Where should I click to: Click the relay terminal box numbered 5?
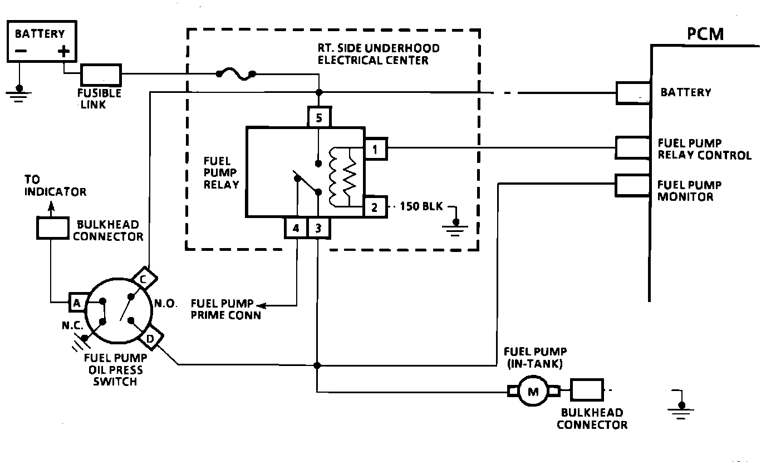tap(319, 117)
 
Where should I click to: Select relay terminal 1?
tap(375, 149)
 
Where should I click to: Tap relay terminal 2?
tap(375, 206)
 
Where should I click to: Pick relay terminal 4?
tap(296, 227)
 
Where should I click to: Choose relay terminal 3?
tap(319, 227)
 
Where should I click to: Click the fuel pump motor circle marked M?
tap(533, 391)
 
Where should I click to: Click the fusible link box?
tap(101, 75)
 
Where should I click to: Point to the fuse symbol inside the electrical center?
tap(236, 74)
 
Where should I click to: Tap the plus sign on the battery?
tap(63, 51)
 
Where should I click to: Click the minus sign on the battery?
tap(21, 51)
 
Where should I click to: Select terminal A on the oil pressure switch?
tap(77, 303)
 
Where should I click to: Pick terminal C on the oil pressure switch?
tap(144, 279)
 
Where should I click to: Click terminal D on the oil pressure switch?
tap(151, 338)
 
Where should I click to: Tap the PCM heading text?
tap(705, 34)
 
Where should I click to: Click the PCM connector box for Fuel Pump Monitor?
tap(632, 186)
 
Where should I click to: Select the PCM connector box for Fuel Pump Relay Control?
tap(632, 147)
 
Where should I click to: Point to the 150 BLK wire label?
tap(421, 206)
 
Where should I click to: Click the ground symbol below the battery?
tap(19, 94)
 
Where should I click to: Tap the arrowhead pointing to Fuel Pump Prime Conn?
tap(261, 305)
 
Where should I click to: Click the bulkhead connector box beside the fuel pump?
tap(587, 390)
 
